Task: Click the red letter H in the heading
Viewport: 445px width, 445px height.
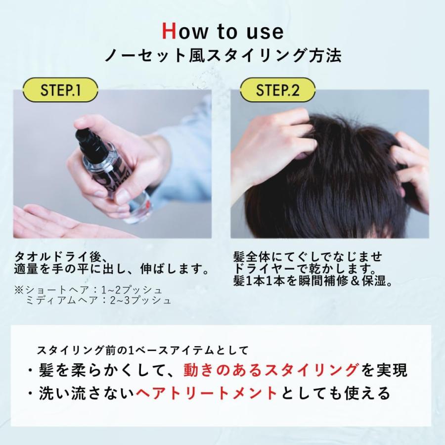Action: click(170, 31)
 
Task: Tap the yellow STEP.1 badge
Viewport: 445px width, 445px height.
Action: click(61, 90)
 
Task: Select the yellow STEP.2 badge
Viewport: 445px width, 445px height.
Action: click(277, 90)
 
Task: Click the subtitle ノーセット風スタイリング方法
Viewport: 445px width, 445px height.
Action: click(222, 55)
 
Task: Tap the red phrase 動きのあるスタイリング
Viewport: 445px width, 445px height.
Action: click(271, 370)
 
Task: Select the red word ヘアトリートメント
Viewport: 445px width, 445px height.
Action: click(207, 393)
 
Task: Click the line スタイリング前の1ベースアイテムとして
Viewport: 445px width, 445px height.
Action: click(142, 351)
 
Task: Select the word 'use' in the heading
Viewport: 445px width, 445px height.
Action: click(265, 31)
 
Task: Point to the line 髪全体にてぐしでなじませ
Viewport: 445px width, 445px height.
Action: click(308, 258)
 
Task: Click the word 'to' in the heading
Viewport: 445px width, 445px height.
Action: click(227, 31)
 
